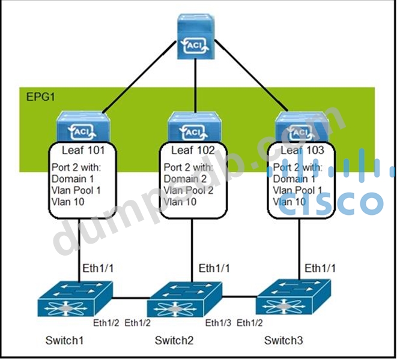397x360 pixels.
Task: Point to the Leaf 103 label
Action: point(302,149)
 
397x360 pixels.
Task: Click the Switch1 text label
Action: point(64,341)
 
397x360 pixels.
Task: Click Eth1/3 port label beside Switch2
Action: point(218,323)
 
